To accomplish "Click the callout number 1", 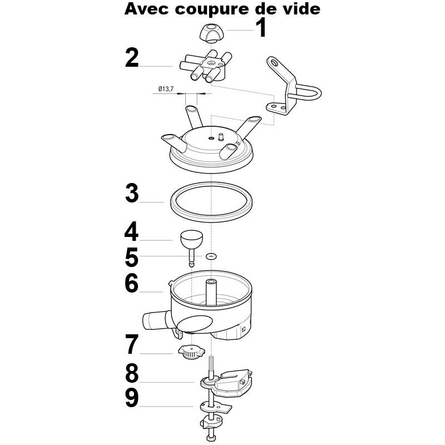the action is (x=261, y=27).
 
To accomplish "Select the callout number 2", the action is (x=132, y=58).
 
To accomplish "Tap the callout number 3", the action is (x=132, y=193).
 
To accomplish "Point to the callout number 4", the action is (x=131, y=231).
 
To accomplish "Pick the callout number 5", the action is (x=132, y=257).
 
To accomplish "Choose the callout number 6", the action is (x=132, y=283).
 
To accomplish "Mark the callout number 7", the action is (x=132, y=344).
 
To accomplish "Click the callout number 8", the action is (x=132, y=373).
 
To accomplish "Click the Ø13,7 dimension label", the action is (x=166, y=89).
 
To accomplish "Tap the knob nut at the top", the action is (x=212, y=33).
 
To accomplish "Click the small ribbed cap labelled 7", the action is (x=191, y=352).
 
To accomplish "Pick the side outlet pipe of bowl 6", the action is (x=155, y=321).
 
